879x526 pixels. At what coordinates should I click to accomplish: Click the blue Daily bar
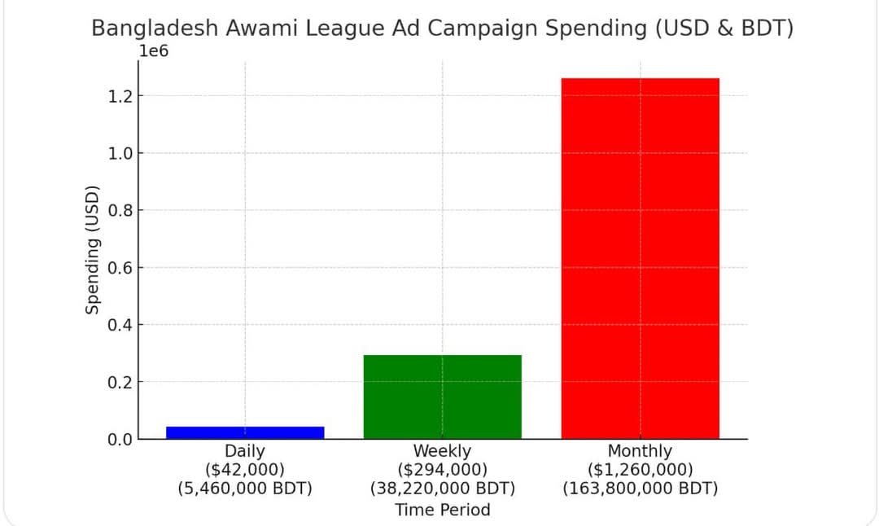[245, 432]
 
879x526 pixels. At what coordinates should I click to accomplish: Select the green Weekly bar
[442, 397]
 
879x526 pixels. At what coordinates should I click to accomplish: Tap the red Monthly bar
[640, 258]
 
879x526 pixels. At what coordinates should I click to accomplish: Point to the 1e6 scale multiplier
[155, 50]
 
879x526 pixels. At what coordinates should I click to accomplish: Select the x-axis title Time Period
[442, 511]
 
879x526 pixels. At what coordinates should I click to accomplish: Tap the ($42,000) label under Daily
[245, 470]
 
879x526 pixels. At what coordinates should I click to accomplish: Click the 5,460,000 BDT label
[245, 489]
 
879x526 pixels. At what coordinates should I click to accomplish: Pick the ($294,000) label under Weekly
[442, 470]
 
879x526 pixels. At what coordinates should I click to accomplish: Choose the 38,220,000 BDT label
[442, 489]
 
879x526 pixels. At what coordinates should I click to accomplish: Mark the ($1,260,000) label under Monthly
[640, 470]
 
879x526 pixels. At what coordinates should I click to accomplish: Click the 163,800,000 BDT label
[640, 489]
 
